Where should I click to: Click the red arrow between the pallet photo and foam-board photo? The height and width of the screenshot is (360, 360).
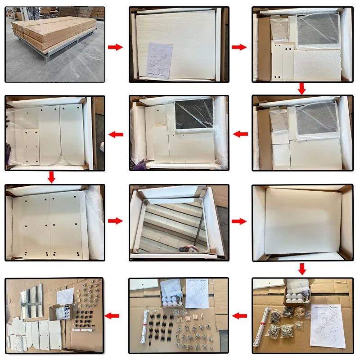[116, 47]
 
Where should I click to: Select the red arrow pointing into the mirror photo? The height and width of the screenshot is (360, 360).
[116, 221]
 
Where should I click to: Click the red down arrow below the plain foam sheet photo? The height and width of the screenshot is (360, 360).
[302, 269]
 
